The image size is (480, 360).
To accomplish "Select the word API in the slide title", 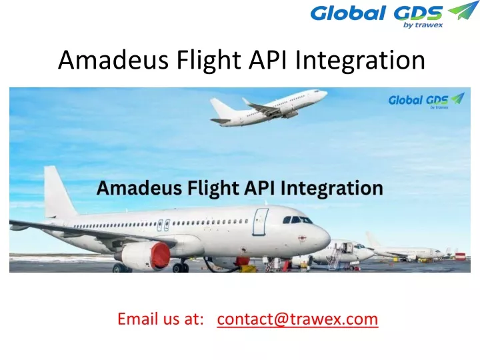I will pos(267,61).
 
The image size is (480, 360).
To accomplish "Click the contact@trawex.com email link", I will pos(297,319).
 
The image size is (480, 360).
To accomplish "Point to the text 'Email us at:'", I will pos(160,319).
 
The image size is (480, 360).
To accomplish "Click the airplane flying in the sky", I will pos(267,107).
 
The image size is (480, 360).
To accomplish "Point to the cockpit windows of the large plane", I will pos(297,219).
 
